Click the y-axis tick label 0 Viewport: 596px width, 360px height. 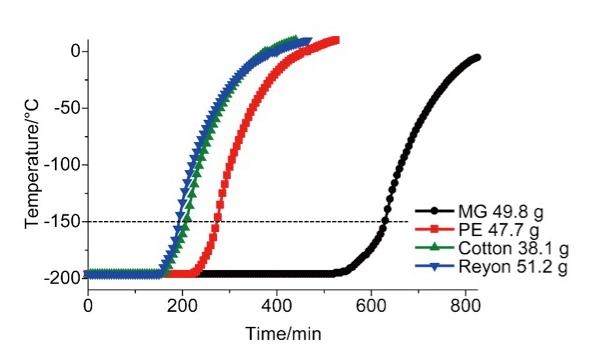(76, 51)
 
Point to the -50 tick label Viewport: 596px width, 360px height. (67, 108)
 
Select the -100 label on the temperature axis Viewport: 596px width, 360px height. (63, 165)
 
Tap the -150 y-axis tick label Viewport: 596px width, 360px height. (63, 222)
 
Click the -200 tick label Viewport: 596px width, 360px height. (63, 278)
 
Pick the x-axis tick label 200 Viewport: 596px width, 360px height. (182, 306)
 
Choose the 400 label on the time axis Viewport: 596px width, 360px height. (277, 306)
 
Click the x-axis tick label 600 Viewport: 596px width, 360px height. (371, 306)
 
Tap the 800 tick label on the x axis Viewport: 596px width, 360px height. (465, 306)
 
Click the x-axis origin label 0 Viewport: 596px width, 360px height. (88, 306)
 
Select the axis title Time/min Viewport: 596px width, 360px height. (284, 334)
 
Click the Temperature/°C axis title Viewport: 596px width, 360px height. (32, 164)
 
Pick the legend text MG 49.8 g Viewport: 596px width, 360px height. (501, 211)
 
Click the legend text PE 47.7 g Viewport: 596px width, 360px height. (499, 229)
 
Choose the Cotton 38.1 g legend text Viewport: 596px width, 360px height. (514, 248)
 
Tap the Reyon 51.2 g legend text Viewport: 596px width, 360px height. (513, 266)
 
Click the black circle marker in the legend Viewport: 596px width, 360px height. (435, 211)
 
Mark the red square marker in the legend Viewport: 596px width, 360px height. (435, 229)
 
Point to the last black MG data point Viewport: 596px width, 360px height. (477, 57)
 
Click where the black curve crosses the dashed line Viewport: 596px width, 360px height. (385, 222)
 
